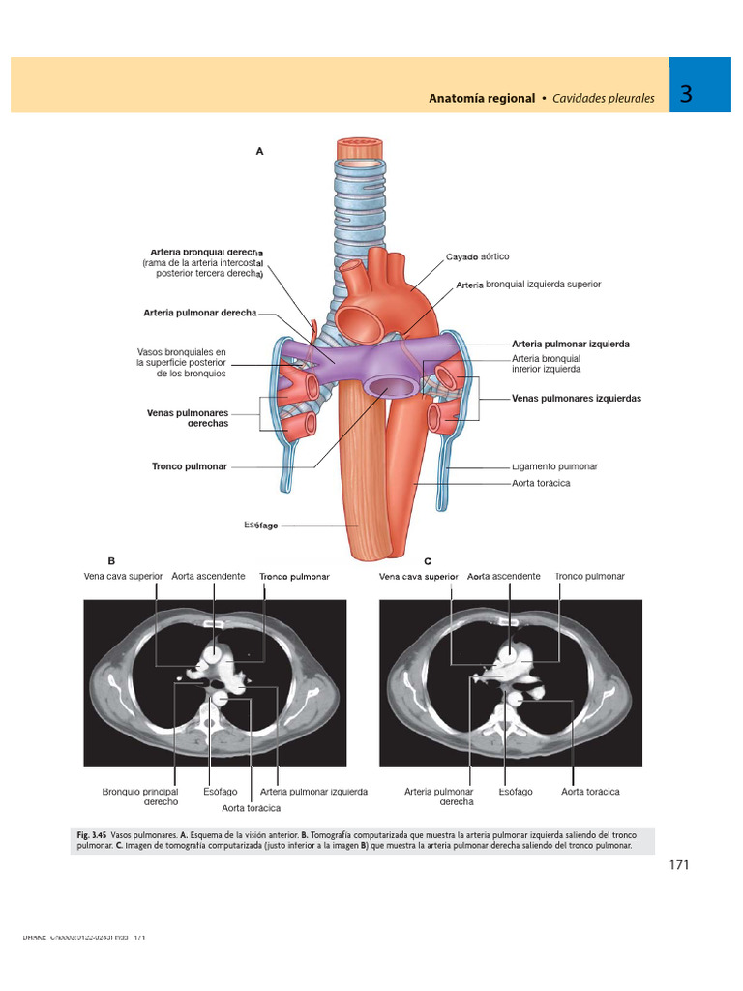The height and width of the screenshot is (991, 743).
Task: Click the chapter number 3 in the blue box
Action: (x=686, y=95)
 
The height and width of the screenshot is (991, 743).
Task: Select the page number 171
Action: (x=678, y=865)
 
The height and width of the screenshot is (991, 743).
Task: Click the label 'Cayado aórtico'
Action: (x=477, y=257)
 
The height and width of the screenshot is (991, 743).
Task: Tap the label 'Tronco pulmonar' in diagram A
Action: (x=189, y=466)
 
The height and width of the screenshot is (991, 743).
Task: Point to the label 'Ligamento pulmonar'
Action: (x=554, y=466)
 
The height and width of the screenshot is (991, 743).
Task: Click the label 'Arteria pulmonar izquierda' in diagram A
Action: (x=571, y=344)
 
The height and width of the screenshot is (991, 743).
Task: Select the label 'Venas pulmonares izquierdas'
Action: (x=577, y=398)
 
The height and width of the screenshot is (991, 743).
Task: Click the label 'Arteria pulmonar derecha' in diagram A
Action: (x=199, y=313)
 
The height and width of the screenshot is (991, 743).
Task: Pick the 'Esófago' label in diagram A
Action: (x=261, y=526)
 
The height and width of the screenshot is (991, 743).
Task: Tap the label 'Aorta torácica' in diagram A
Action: (x=541, y=483)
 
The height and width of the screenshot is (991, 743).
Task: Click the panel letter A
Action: (x=259, y=151)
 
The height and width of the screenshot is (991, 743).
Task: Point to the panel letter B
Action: (x=111, y=560)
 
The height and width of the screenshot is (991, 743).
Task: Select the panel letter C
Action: (x=427, y=560)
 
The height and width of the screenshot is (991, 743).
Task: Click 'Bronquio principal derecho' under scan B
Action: (x=140, y=796)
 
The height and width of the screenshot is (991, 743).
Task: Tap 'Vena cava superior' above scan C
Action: (x=418, y=576)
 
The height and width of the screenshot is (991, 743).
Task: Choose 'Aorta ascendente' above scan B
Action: (x=208, y=576)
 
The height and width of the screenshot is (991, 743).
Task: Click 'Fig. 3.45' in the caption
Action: (x=92, y=834)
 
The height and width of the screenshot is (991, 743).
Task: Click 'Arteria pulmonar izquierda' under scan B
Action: (x=313, y=792)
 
